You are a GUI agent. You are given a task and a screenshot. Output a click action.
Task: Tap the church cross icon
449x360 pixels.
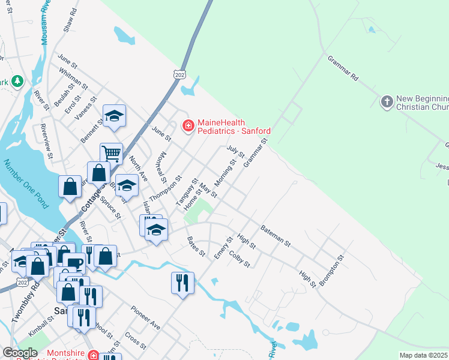[387, 101]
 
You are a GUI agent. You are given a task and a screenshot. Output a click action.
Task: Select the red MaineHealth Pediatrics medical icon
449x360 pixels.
[188, 125]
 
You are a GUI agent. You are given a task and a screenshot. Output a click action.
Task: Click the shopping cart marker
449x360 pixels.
[111, 154]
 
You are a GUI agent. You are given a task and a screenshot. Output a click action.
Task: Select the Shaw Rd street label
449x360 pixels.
[69, 20]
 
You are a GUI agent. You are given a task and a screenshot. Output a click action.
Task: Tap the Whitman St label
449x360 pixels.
[71, 79]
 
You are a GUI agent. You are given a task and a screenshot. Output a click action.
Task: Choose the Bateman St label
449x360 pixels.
[276, 236]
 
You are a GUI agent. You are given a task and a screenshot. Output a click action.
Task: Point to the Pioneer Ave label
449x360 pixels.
[145, 317]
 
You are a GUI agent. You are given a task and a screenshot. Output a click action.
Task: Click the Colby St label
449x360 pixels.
[239, 259]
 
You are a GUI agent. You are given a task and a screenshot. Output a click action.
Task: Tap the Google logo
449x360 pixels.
[20, 352]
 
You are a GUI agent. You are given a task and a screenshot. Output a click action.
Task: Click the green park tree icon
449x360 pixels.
[18, 80]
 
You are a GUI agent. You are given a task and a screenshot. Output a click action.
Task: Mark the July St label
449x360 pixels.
[235, 151]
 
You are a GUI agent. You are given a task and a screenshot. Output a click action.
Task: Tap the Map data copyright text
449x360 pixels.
[424, 355]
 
